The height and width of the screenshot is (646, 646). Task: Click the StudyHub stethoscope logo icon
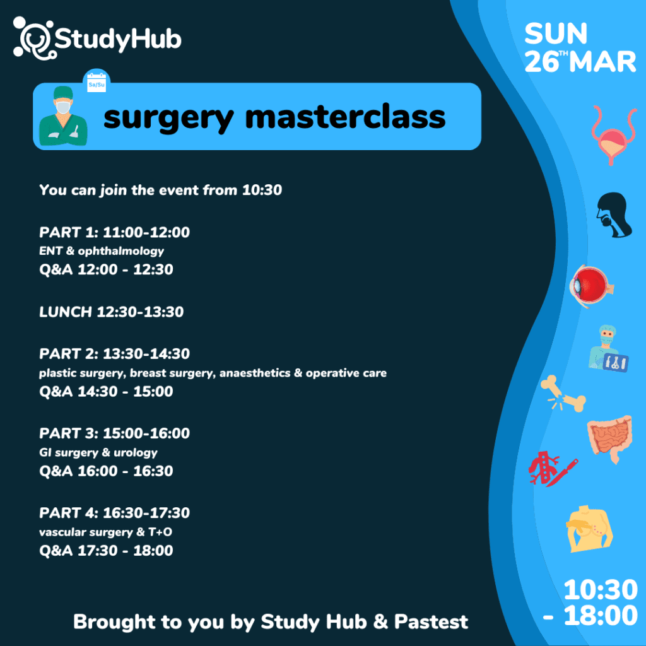click(x=33, y=38)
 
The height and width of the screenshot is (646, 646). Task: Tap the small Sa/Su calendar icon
click(x=97, y=81)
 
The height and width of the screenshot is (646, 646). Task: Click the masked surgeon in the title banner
click(x=63, y=116)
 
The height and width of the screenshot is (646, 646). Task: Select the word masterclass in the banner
click(x=345, y=117)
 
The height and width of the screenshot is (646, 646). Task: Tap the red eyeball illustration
click(x=591, y=286)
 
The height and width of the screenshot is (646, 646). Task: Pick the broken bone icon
click(x=563, y=394)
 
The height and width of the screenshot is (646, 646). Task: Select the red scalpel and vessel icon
click(x=553, y=469)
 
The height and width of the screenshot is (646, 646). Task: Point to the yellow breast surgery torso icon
click(x=589, y=529)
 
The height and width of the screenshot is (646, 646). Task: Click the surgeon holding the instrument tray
click(x=608, y=348)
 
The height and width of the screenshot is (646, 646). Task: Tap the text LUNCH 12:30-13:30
click(x=111, y=312)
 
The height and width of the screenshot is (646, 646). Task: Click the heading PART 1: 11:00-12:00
click(x=115, y=232)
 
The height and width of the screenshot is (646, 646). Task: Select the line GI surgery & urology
click(x=98, y=452)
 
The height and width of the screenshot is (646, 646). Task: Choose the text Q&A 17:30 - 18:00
click(x=106, y=550)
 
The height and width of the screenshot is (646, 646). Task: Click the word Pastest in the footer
click(x=431, y=621)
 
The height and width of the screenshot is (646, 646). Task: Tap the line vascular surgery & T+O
click(x=105, y=532)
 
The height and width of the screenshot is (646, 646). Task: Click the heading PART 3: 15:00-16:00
click(x=115, y=433)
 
